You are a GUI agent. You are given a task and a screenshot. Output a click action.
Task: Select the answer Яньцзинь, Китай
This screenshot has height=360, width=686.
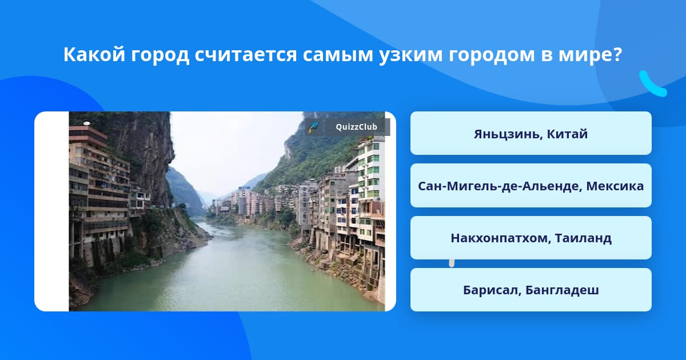(531, 134)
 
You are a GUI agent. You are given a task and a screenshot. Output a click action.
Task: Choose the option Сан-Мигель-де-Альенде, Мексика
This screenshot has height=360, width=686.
(531, 186)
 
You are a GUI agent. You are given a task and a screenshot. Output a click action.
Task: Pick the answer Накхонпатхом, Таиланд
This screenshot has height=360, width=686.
(531, 238)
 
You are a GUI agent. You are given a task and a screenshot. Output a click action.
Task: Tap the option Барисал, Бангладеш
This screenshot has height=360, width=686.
(531, 290)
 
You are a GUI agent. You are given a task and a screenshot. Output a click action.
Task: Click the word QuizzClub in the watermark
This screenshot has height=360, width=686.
(356, 127)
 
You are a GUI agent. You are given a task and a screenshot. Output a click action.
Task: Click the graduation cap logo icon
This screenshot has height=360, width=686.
(314, 127)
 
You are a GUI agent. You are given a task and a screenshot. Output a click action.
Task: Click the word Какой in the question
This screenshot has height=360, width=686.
(94, 54)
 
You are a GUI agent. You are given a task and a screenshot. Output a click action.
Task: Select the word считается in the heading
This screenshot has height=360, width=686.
(246, 55)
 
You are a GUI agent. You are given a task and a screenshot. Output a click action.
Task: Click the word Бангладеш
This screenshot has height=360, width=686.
(562, 290)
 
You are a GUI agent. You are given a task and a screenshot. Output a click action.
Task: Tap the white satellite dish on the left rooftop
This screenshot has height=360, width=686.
(87, 123)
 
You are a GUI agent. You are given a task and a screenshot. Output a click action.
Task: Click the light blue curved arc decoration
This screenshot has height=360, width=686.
(652, 84)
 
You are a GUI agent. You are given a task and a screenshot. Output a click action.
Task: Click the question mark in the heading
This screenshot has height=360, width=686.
(618, 54)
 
